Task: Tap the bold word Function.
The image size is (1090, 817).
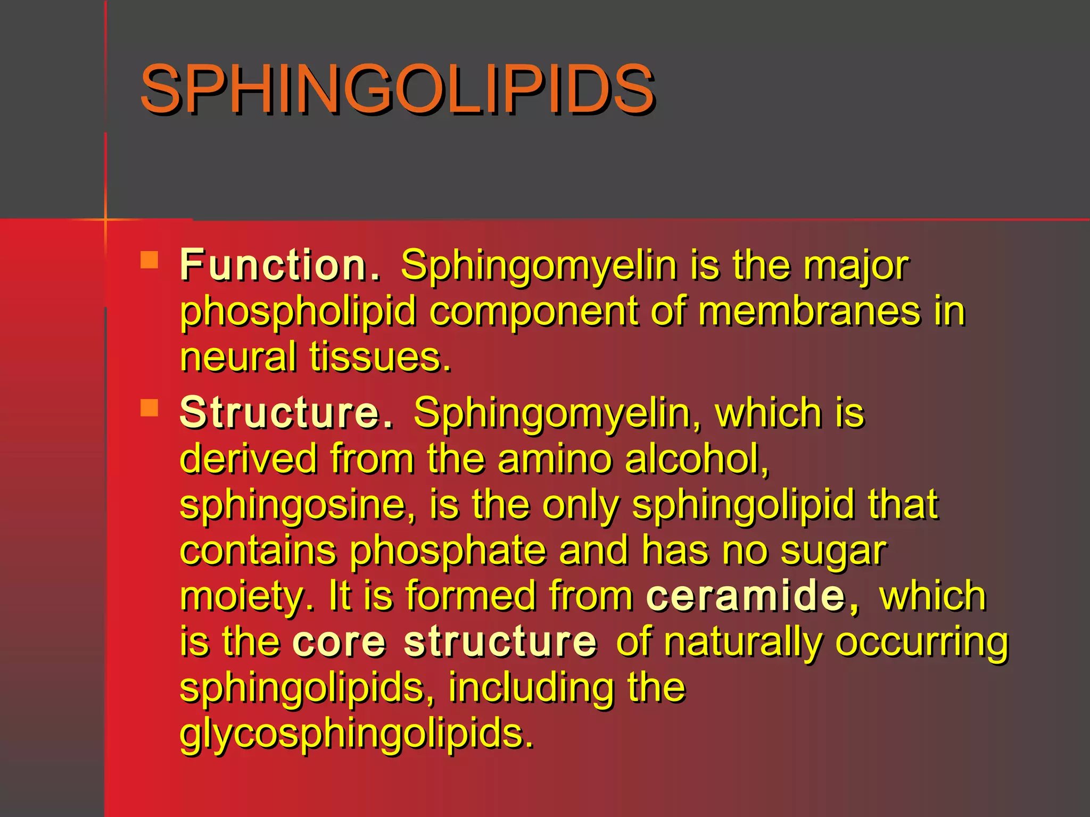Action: (x=280, y=264)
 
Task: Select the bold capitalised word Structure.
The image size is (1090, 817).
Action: (x=286, y=412)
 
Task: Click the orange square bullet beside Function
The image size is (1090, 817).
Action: (x=150, y=260)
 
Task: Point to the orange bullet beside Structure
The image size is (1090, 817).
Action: (x=150, y=408)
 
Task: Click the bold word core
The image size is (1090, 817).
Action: (x=339, y=641)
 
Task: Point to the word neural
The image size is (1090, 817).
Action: (x=238, y=357)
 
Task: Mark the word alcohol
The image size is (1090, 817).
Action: (x=697, y=458)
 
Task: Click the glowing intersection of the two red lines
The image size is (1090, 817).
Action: (x=105, y=219)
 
